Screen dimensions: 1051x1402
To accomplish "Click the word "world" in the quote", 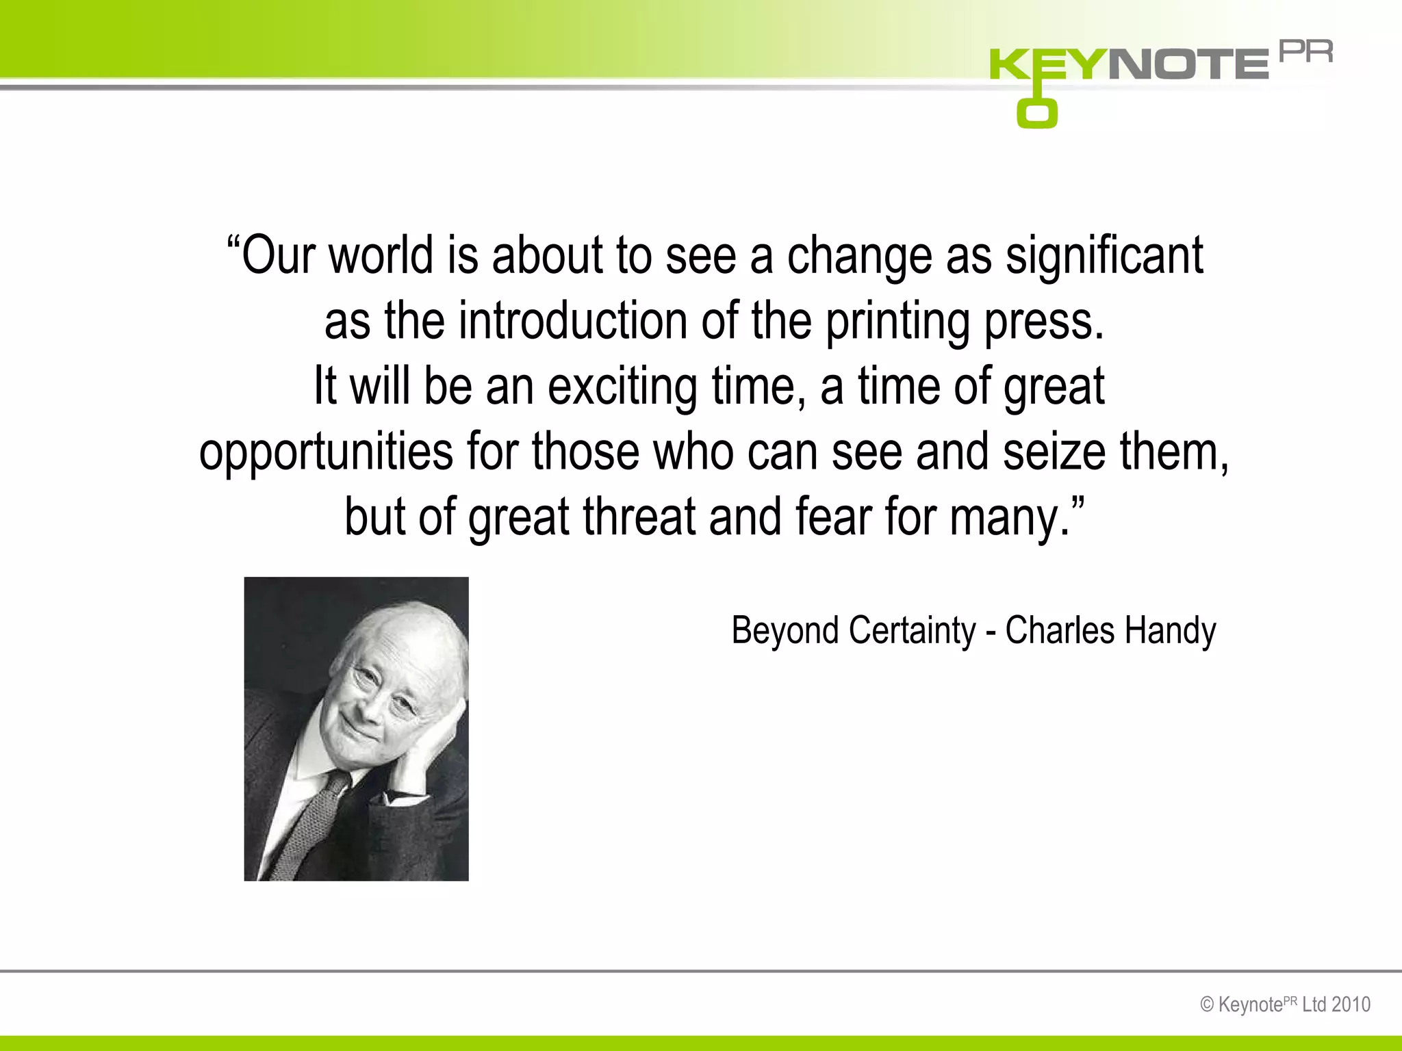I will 381,255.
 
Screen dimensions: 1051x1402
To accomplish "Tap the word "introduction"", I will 573,321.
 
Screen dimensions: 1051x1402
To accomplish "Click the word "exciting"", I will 622,387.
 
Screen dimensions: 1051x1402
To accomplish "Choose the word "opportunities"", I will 326,453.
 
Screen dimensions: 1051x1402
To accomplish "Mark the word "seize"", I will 1054,452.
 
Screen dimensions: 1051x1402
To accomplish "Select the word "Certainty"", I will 912,630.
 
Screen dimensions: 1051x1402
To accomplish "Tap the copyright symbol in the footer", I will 1208,1005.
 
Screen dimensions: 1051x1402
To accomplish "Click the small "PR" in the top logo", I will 1306,52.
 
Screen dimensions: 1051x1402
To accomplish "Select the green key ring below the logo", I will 1036,113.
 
